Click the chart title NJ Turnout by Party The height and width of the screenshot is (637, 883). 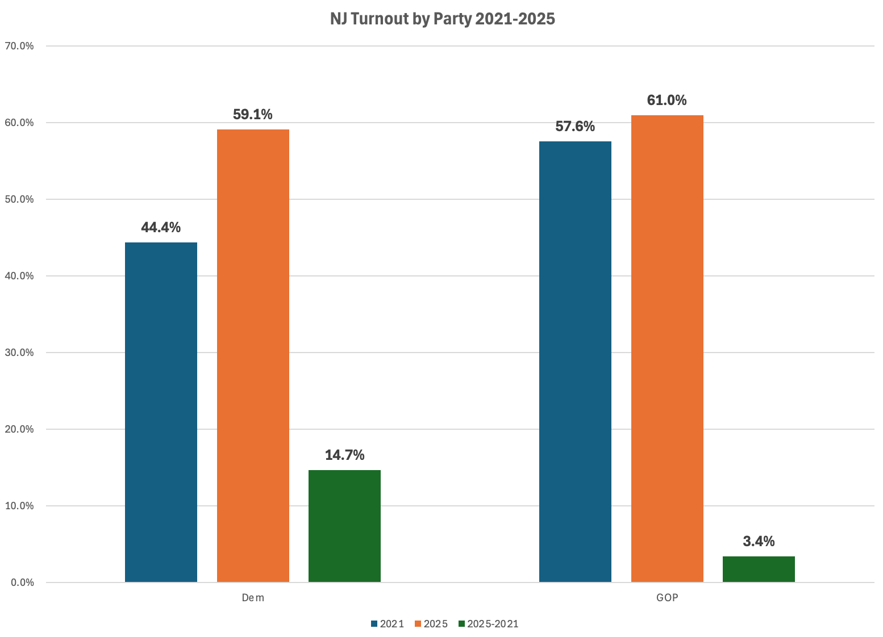[x=442, y=19]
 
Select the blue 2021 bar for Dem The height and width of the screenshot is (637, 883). [x=161, y=412]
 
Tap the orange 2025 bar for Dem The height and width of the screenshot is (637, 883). [x=253, y=355]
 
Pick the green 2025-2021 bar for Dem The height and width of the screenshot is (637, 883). [x=344, y=526]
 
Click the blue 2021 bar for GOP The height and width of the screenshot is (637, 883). [x=575, y=362]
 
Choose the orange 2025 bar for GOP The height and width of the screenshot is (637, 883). [x=667, y=349]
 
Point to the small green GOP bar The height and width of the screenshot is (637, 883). [x=759, y=569]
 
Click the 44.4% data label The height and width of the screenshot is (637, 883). [x=161, y=228]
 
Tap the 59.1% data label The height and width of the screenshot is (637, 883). [x=253, y=115]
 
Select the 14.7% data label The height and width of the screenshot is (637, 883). [x=344, y=455]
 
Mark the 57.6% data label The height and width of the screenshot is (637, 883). [x=575, y=127]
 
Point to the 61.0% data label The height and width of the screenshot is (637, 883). [x=667, y=100]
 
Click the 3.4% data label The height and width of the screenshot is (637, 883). [x=759, y=542]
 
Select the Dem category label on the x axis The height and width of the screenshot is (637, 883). [x=253, y=598]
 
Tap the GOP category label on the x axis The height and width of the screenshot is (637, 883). [x=667, y=598]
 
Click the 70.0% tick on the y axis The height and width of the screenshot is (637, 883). [x=19, y=46]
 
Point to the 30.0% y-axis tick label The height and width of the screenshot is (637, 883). [x=19, y=353]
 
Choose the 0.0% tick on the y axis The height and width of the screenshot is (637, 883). [x=21, y=582]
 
